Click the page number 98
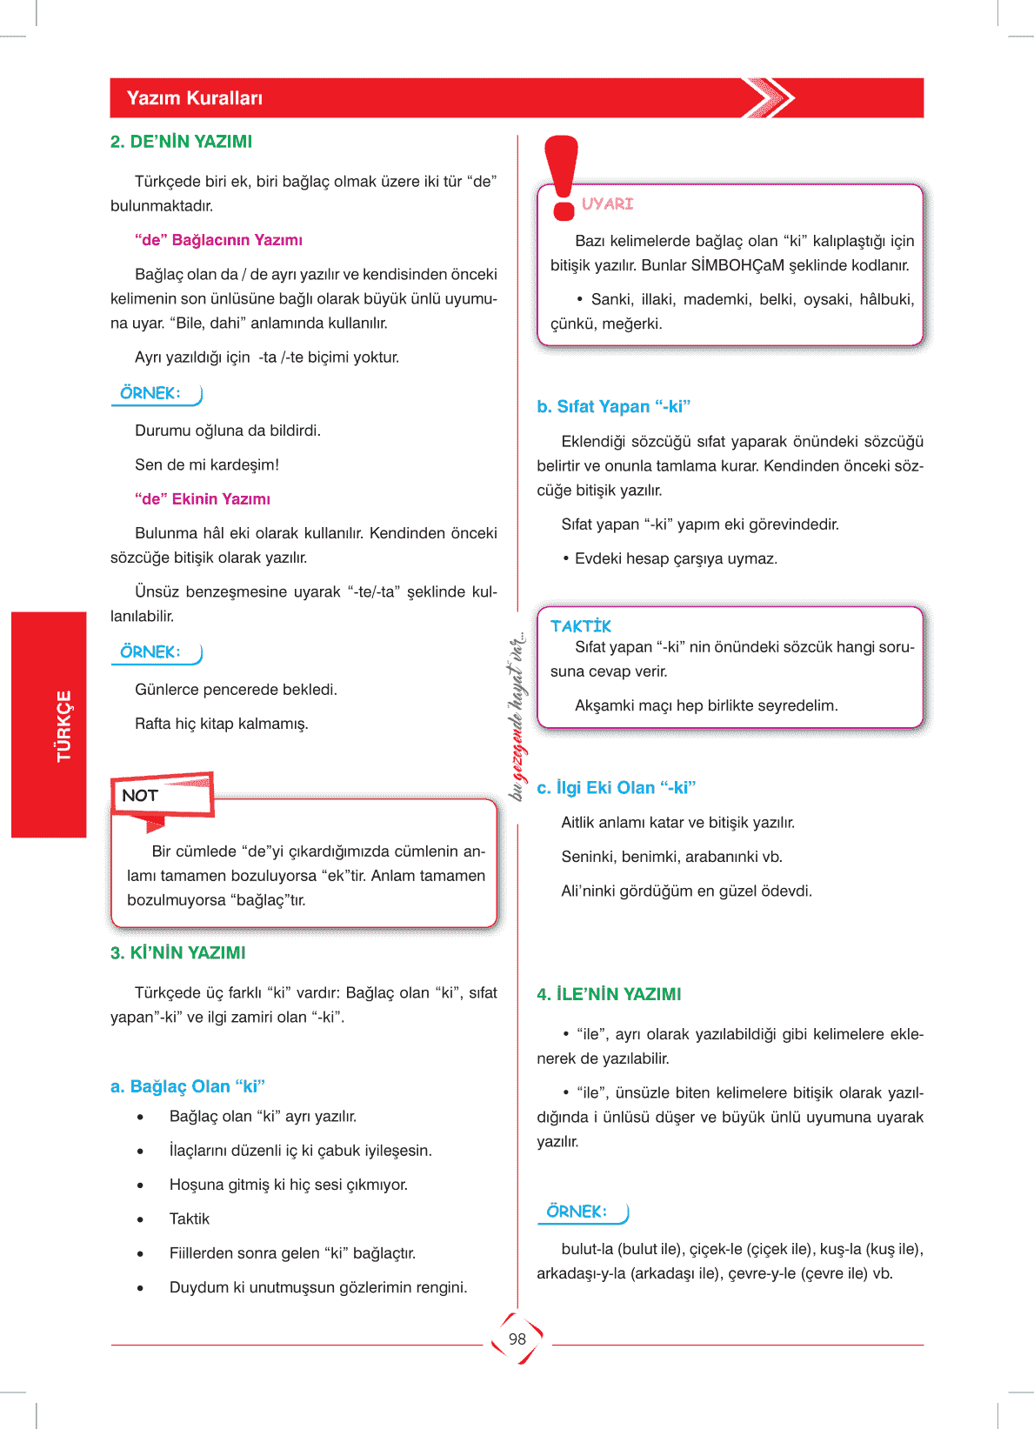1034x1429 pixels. coord(517,1339)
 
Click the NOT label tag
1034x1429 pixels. coord(140,796)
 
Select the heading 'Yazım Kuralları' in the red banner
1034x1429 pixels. coord(195,98)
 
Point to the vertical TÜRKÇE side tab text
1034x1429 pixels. coord(63,725)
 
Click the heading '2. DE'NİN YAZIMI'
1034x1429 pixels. coord(181,142)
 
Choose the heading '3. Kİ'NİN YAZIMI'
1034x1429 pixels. coord(178,953)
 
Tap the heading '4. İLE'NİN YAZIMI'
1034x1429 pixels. coord(609,994)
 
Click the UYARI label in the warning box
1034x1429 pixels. coord(607,204)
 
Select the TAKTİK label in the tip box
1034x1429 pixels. coord(581,626)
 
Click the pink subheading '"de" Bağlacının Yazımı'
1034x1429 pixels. coord(218,240)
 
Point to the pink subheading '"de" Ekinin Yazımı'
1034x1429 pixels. coord(203,499)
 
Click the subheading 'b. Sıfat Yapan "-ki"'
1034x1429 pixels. coord(613,406)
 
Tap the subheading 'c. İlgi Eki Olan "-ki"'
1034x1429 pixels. coord(616,788)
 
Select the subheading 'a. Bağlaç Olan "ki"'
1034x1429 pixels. coord(187,1086)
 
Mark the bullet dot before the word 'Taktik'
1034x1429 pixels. coord(140,1219)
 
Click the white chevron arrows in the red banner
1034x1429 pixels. coord(769,98)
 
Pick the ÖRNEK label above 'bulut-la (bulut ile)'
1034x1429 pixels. coord(577,1212)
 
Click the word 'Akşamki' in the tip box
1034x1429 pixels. coord(605,705)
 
